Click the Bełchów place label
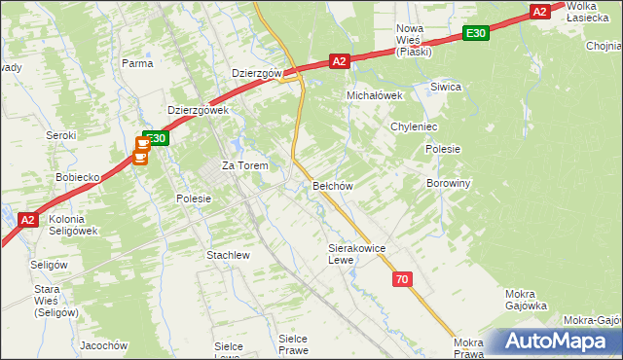point(331,185)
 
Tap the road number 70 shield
point(403,279)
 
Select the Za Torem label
point(245,165)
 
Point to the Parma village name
point(137,63)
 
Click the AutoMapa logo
point(552,342)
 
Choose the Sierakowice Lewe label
point(357,254)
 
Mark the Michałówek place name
point(376,95)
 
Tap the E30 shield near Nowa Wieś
point(475,34)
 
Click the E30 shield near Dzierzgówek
point(157,138)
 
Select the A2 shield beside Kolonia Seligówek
point(28,220)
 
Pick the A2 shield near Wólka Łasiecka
point(541,12)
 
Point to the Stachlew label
point(228,255)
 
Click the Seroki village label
point(61,136)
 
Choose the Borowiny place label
point(449,182)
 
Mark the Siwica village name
point(446,87)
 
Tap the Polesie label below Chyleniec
point(443,149)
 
